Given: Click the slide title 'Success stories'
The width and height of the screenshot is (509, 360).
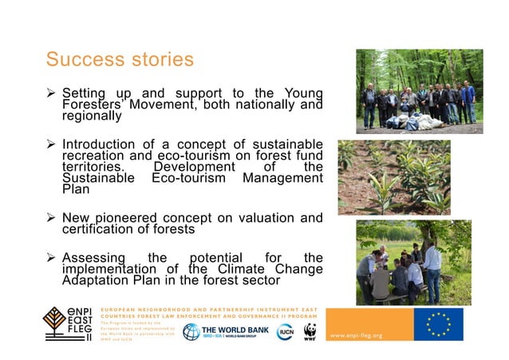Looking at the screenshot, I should point(120,60).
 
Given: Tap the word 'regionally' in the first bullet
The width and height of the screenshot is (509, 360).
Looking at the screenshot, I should point(92,115).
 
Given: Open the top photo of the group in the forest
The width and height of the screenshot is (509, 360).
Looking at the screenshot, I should point(419,91).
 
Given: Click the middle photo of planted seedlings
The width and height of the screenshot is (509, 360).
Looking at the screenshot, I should point(393,177).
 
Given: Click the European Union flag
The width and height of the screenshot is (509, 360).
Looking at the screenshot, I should point(438,324).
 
